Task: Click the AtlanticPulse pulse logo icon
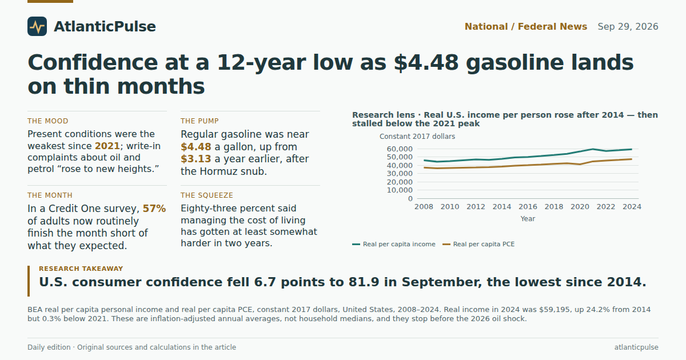[37, 26]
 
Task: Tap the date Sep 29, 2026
[628, 27]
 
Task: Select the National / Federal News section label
[526, 27]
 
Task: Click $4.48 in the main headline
[426, 62]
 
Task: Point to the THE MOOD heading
[48, 121]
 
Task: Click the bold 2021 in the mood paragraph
[107, 146]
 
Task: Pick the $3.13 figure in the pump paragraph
[196, 159]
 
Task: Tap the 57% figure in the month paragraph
[154, 209]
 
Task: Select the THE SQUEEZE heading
[207, 195]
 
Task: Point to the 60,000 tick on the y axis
[400, 149]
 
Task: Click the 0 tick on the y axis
[410, 199]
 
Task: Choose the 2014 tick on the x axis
[502, 207]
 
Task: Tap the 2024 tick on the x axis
[632, 207]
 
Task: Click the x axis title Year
[528, 219]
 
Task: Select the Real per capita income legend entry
[393, 245]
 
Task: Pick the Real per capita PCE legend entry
[478, 245]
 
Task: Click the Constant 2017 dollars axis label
[417, 137]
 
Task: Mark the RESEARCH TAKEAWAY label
[81, 269]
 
